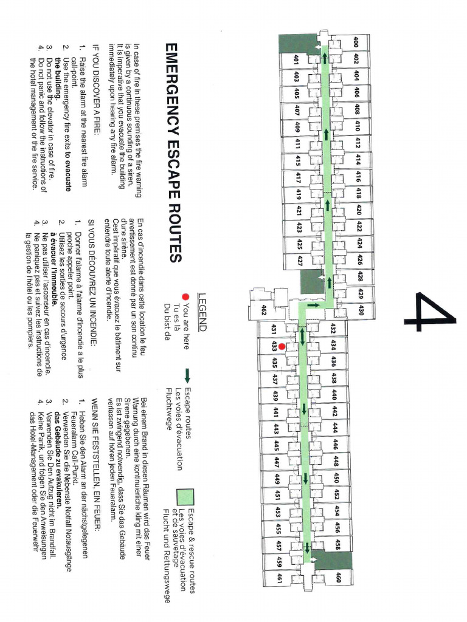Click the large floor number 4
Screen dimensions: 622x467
coord(435,312)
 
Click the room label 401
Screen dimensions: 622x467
coord(296,60)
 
